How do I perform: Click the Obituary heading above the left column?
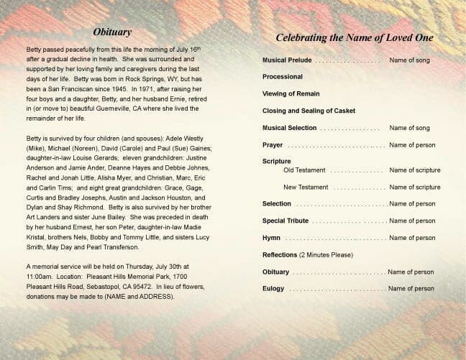[x=111, y=32]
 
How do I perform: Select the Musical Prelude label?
[x=287, y=60]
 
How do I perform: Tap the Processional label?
[x=283, y=76]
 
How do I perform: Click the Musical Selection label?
[x=290, y=128]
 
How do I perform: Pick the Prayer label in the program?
[x=273, y=145]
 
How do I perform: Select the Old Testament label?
[x=304, y=170]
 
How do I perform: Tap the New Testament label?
[x=306, y=187]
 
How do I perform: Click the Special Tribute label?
[x=285, y=221]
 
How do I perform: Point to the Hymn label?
[x=272, y=238]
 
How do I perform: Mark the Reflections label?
[x=280, y=255]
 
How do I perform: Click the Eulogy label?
[x=273, y=289]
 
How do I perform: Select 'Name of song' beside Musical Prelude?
[x=409, y=60]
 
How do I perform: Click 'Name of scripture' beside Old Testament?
[x=414, y=170]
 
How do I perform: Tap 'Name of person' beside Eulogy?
[x=411, y=289]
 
